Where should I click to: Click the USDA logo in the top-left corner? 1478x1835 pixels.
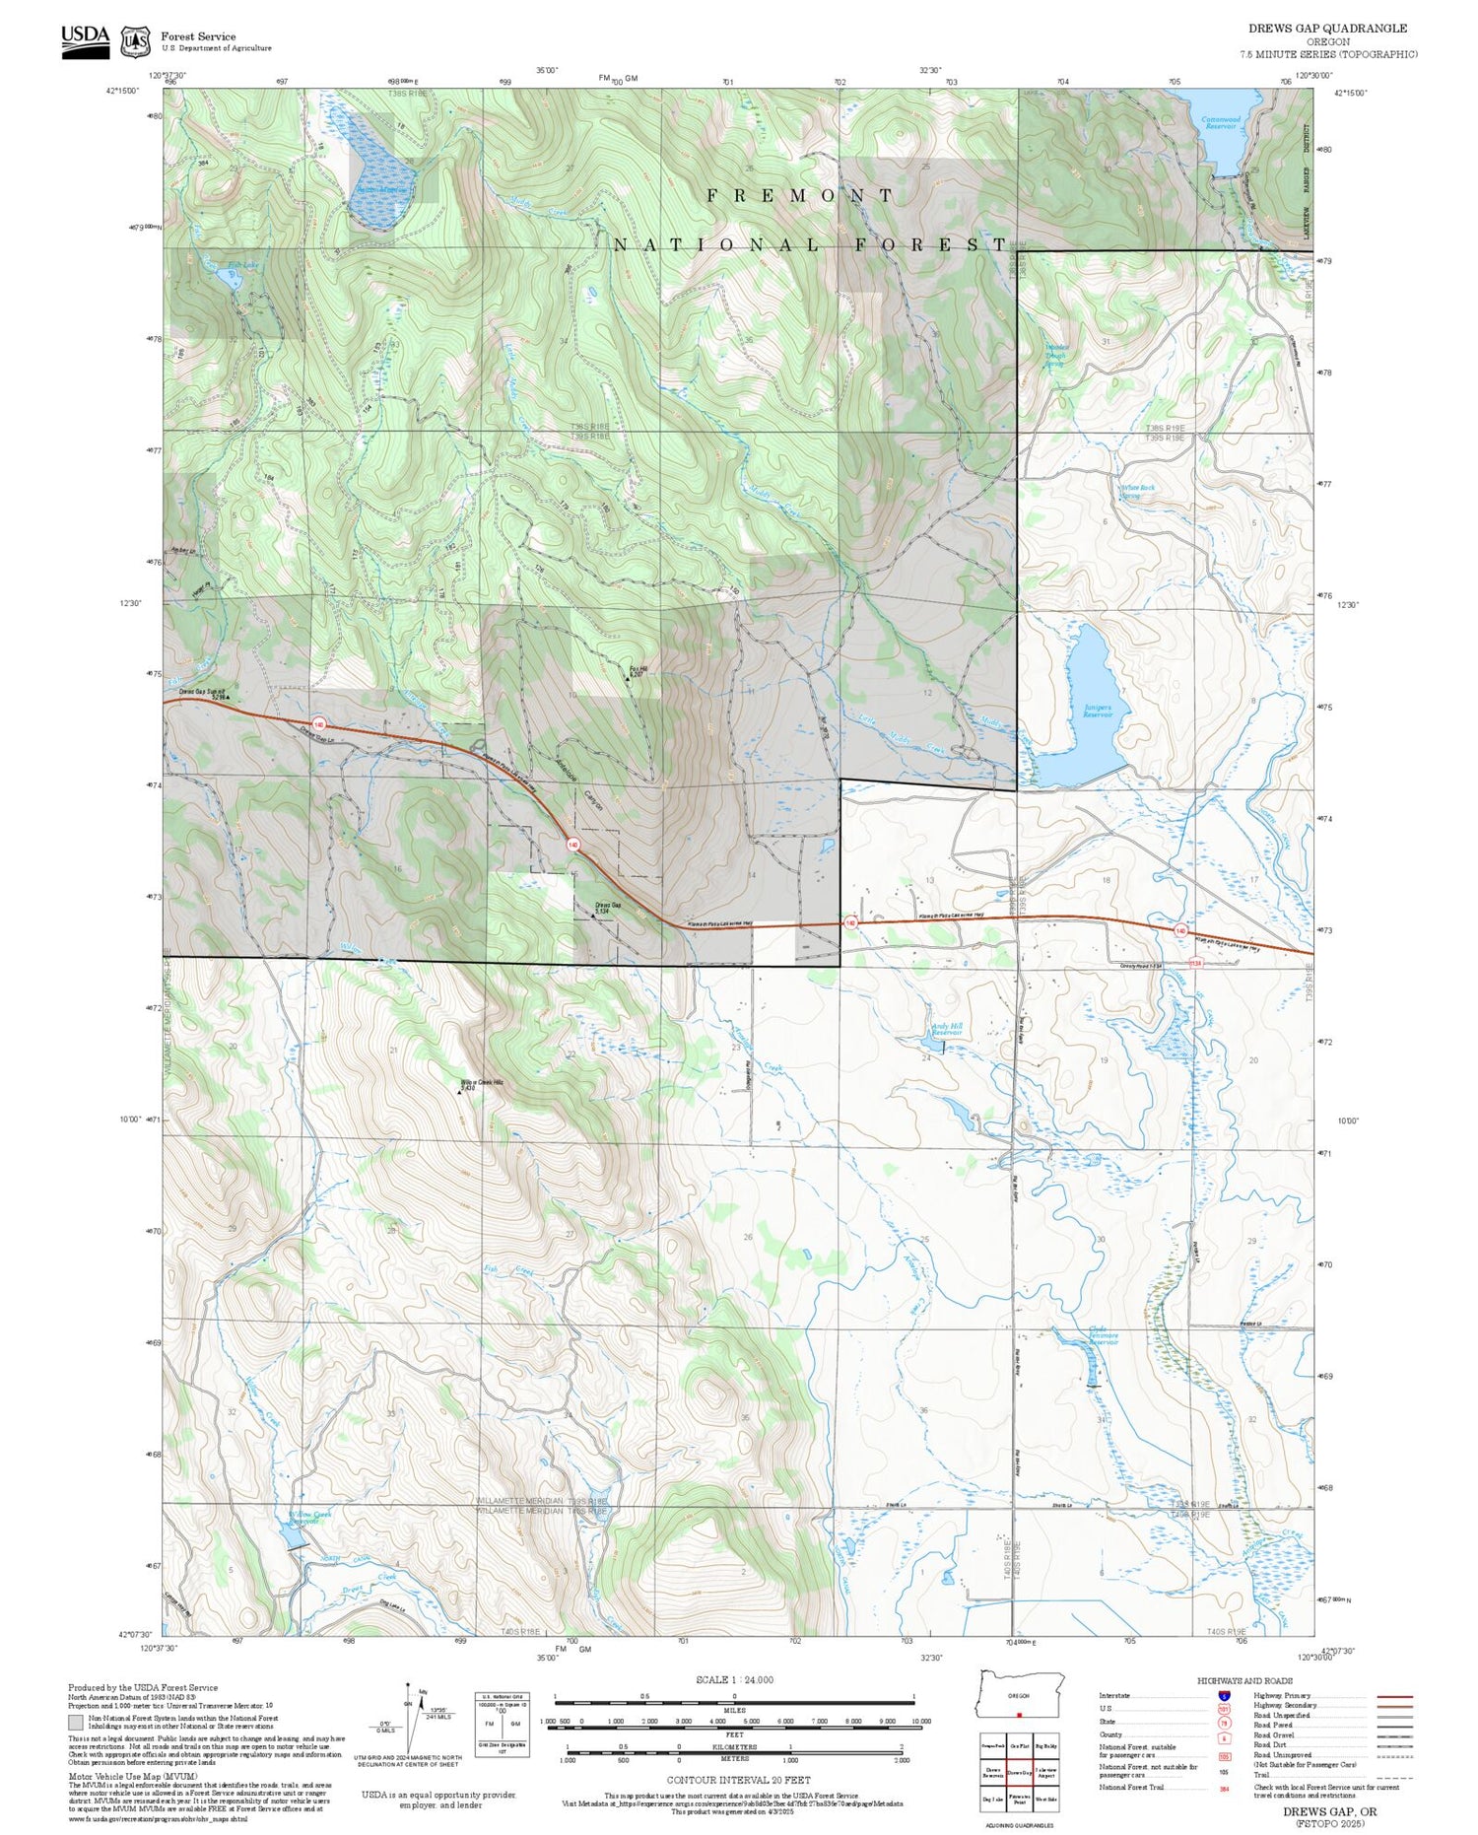coord(86,41)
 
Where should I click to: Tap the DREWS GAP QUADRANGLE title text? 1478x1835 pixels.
coord(1327,29)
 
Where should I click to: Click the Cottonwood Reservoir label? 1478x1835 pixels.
coord(1221,123)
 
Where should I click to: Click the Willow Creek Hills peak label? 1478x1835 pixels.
coord(482,1085)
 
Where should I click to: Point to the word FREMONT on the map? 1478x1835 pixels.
coord(800,196)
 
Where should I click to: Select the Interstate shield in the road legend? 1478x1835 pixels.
coord(1224,1695)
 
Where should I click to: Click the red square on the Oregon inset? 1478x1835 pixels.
coord(1019,1714)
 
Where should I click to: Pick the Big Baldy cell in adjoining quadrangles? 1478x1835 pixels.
coord(1045,1746)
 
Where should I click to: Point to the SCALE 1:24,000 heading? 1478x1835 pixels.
coord(734,1679)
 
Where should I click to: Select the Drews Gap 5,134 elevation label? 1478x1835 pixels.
coord(607,908)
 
